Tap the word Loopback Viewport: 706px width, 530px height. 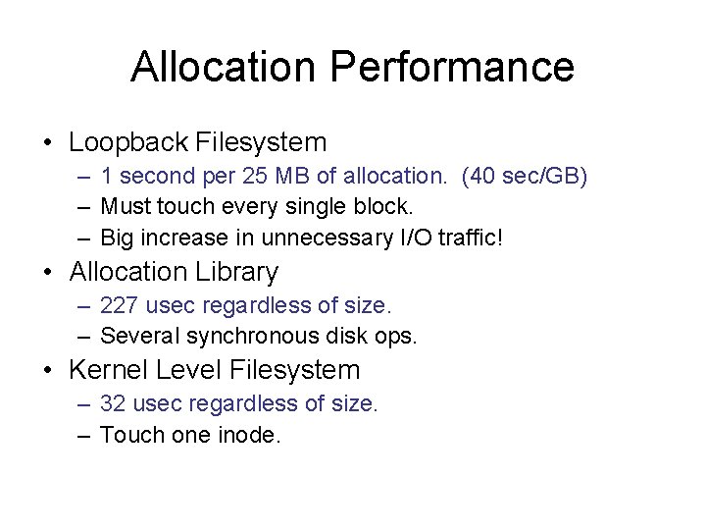coord(130,142)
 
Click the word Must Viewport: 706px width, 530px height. coord(124,208)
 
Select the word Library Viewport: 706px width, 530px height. coord(238,272)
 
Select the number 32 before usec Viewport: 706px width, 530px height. coord(114,404)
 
